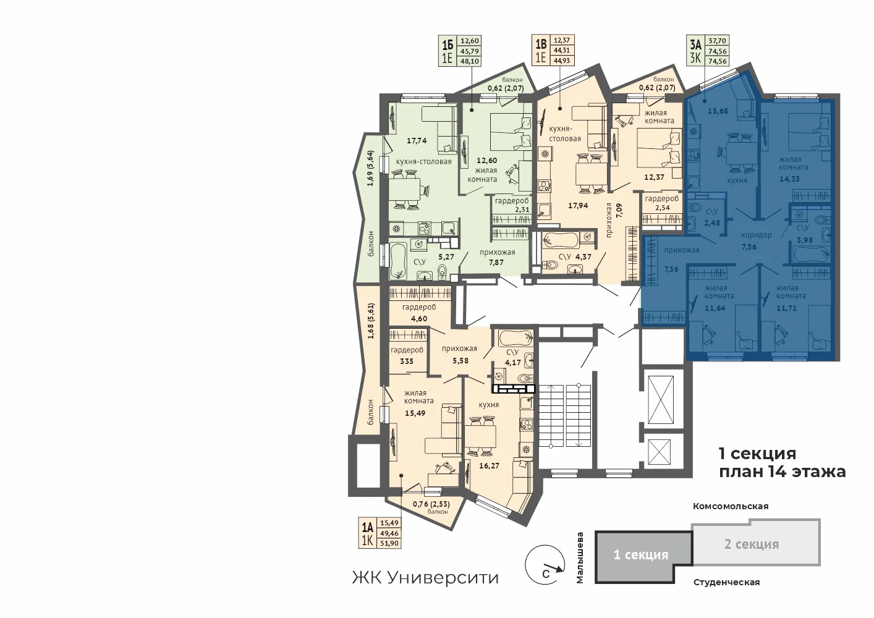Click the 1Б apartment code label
point(447,45)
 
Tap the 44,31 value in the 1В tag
point(562,50)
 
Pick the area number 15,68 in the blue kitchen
point(718,111)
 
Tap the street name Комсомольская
point(731,506)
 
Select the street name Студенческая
point(726,583)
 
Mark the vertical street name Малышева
point(580,558)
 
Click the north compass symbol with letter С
point(545,565)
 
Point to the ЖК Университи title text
point(425,578)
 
